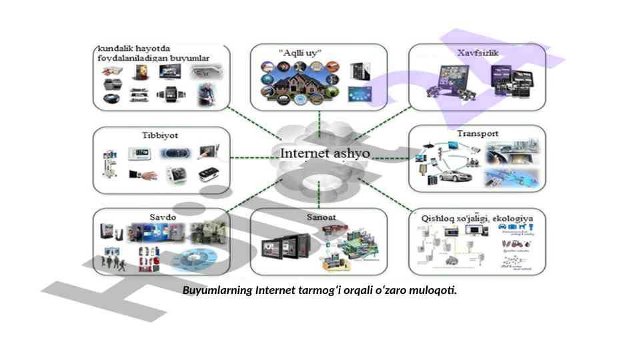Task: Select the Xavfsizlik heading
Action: click(478, 52)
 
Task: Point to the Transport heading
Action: click(478, 133)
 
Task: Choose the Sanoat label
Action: click(320, 217)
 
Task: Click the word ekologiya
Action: click(515, 217)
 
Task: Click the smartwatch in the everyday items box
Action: click(169, 94)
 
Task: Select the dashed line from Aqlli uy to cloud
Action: click(320, 122)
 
